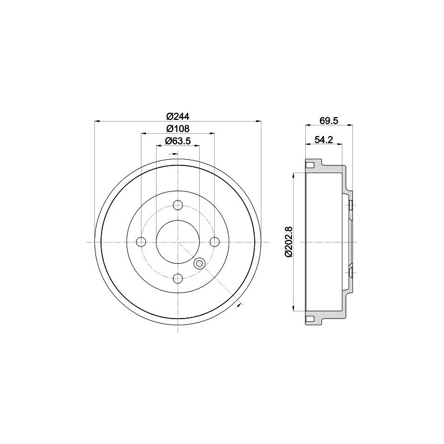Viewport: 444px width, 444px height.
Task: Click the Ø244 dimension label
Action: pos(178,116)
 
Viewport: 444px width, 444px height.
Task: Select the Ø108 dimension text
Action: pos(178,129)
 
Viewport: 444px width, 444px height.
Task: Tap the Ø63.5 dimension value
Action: pos(178,140)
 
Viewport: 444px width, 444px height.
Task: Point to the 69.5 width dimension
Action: pos(329,120)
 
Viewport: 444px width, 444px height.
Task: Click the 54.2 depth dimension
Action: pos(324,140)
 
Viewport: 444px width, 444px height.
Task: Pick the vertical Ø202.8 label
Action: pos(289,242)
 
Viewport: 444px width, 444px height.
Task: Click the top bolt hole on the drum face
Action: pos(178,205)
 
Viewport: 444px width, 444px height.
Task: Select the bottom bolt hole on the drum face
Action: pos(178,279)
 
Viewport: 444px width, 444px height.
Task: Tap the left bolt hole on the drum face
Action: pos(141,242)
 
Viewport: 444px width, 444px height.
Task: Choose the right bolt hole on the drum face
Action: pos(214,242)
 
